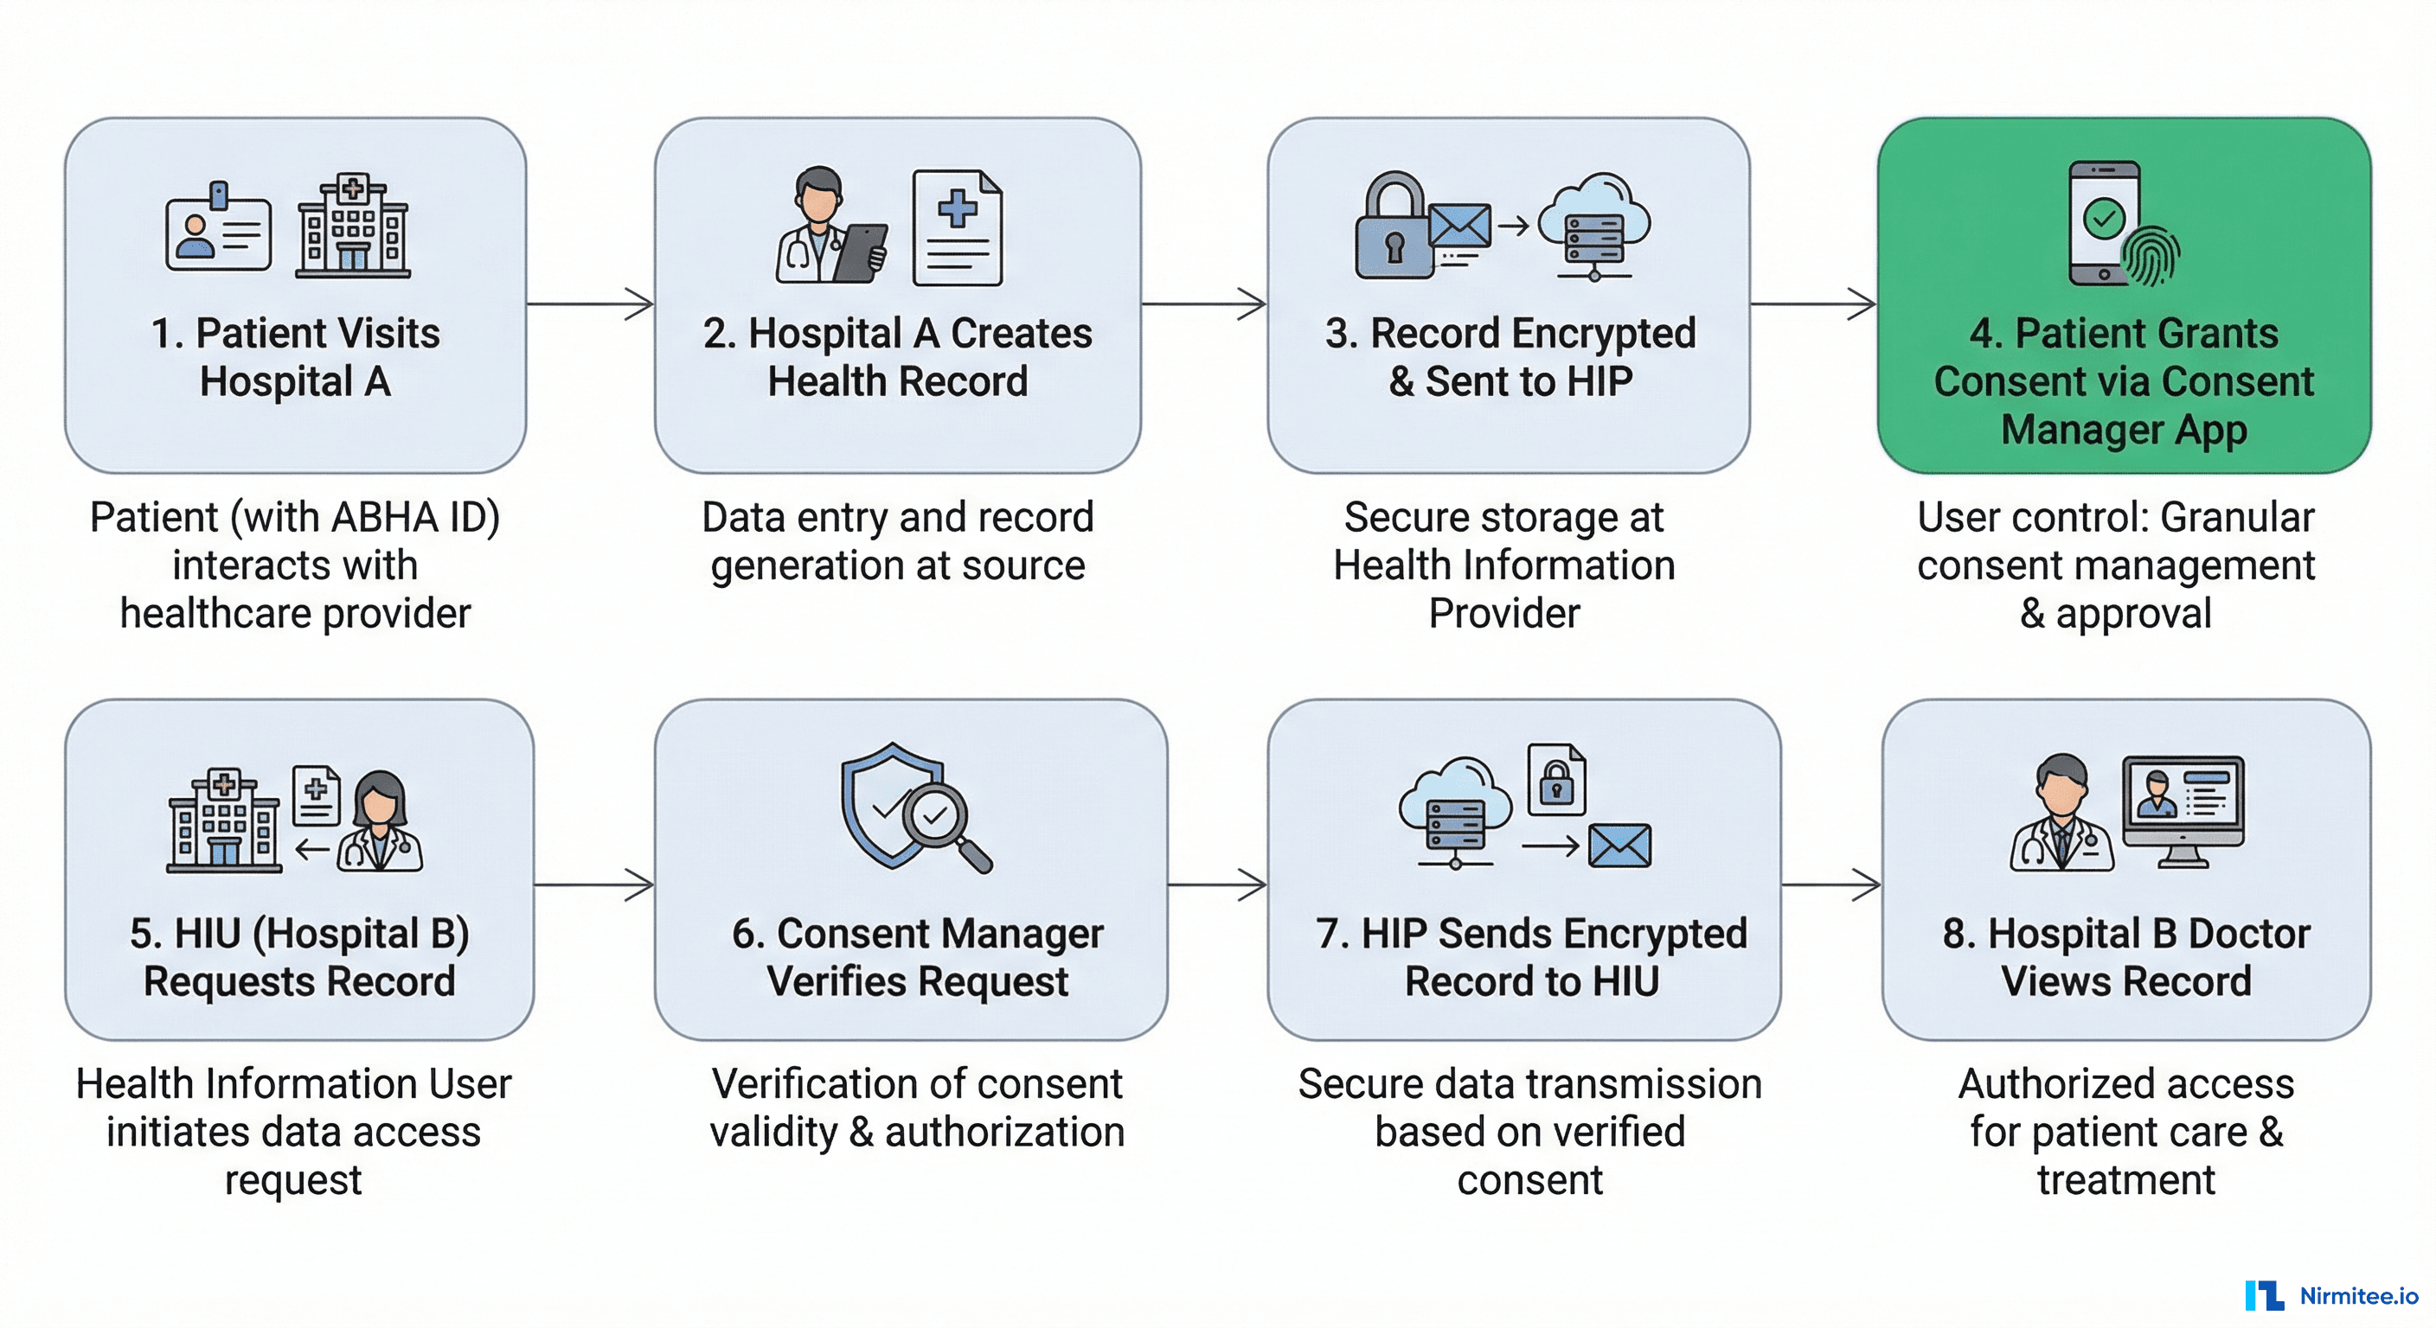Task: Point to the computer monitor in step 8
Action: click(2183, 809)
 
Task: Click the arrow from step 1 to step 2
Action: click(590, 304)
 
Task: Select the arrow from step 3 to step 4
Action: click(1813, 304)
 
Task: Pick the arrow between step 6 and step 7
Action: click(1217, 884)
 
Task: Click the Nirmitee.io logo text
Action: click(2358, 1296)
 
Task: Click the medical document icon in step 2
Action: click(957, 227)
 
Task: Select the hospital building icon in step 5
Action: click(224, 820)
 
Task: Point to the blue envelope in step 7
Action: click(1619, 845)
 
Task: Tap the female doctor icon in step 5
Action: click(380, 820)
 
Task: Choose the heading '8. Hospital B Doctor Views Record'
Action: click(2125, 956)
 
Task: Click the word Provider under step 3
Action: click(1503, 614)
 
